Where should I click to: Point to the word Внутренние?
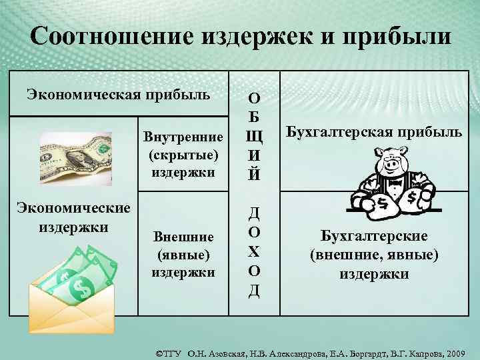(x=183, y=137)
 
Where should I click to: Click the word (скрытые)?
(x=183, y=155)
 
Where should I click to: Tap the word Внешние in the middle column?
(x=183, y=237)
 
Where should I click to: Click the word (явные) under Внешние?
(x=183, y=255)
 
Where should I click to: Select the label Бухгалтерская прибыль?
(x=374, y=131)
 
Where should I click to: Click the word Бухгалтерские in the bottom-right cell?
(x=374, y=237)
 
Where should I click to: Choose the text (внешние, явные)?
(x=374, y=255)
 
